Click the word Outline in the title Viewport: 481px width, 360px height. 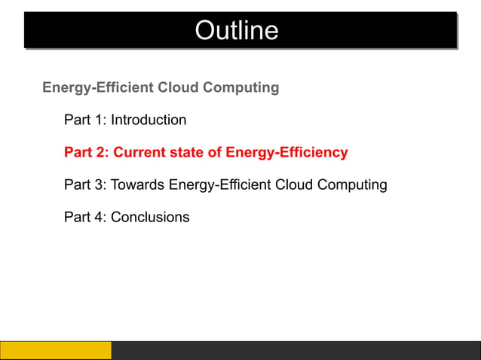point(236,31)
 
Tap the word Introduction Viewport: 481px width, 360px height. point(149,120)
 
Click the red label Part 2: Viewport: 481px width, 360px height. point(87,153)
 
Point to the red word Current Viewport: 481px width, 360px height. point(140,153)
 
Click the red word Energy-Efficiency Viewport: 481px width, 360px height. point(287,153)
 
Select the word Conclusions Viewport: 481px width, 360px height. point(150,217)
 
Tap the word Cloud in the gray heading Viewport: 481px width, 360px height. point(177,87)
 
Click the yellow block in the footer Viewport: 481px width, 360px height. point(56,350)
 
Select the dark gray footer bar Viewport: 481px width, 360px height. point(296,350)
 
